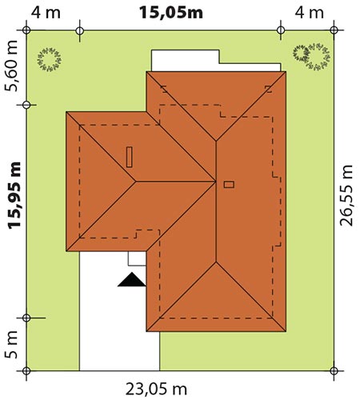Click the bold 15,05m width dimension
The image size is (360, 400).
coord(171,13)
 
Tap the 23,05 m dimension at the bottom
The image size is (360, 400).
coord(156,390)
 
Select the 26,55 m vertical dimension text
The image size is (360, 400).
coord(346,195)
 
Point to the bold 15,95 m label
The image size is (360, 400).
coord(14,195)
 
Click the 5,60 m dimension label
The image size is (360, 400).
coord(11,66)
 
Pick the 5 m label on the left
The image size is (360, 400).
coord(11,345)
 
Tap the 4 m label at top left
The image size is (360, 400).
coord(46,13)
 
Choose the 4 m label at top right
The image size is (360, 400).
coord(309,13)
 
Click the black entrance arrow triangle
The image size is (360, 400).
coord(132,279)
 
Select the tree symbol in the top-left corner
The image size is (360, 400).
coord(50,60)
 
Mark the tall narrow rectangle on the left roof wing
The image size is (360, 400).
coord(130,157)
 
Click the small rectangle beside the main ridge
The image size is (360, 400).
coord(229,185)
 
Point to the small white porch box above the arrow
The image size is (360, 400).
coord(137,258)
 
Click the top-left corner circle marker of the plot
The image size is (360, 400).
coord(26,30)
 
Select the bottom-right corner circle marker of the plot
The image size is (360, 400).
coord(334,370)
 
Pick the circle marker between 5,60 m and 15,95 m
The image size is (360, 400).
coord(26,105)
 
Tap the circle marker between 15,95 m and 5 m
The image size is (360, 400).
coord(26,318)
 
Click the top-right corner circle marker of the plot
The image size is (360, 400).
coord(334,30)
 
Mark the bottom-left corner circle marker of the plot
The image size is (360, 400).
coord(26,370)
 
